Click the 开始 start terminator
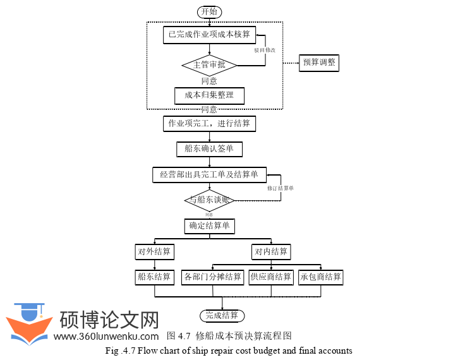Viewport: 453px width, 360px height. (210, 11)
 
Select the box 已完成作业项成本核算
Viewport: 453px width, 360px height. (209, 34)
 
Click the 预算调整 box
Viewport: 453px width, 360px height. (319, 63)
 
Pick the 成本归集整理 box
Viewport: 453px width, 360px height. (209, 95)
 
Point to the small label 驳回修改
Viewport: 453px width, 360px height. (265, 49)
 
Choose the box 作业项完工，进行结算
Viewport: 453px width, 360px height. (209, 123)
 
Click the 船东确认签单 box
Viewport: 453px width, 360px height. (209, 149)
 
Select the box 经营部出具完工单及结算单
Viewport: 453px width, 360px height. (209, 174)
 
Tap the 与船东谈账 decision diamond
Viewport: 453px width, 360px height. (210, 200)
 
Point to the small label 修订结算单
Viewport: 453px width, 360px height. (280, 188)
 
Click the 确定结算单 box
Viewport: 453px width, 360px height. (209, 226)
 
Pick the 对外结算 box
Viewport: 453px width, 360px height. (155, 251)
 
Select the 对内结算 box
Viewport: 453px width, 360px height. (271, 251)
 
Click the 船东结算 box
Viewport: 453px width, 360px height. (155, 277)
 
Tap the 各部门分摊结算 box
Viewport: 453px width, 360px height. (213, 277)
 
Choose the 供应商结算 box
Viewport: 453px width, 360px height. (271, 277)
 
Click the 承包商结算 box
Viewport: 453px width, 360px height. (321, 277)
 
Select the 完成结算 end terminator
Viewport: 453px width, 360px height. (222, 315)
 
